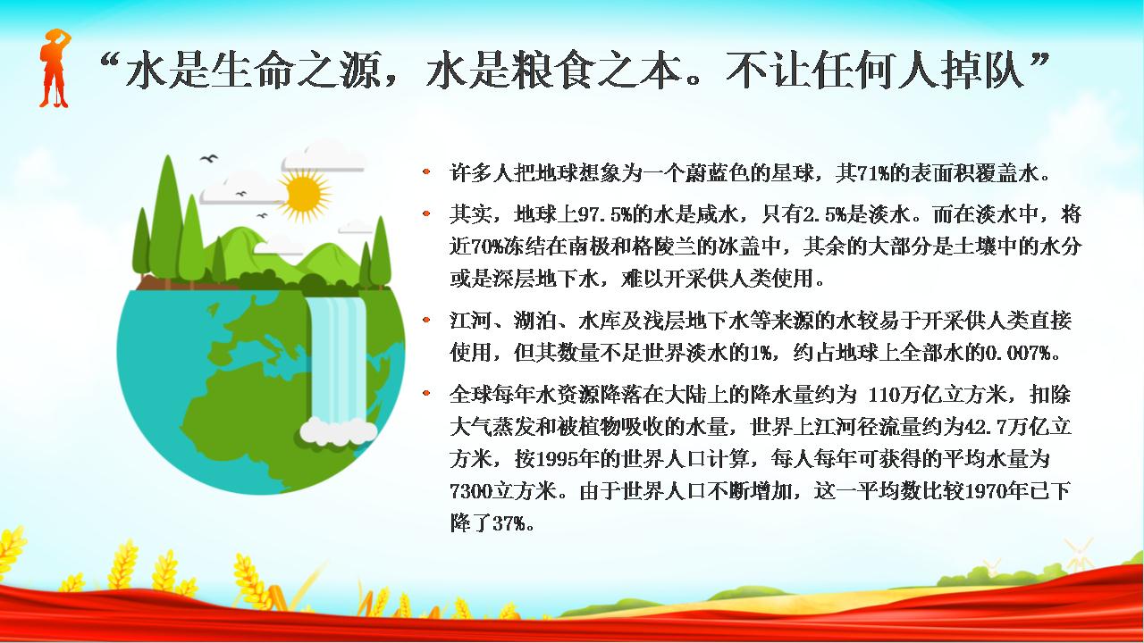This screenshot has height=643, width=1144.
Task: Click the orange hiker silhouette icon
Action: tap(55, 69)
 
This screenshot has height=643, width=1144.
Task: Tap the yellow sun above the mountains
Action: tap(305, 196)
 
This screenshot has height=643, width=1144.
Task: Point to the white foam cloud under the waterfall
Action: tap(338, 430)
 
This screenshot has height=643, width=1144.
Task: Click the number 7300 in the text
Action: tap(470, 491)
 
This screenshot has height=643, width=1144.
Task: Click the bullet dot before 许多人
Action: tap(426, 172)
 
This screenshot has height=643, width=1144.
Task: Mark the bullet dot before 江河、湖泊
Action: tap(426, 320)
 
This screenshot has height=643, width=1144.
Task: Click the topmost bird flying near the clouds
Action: tap(209, 158)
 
